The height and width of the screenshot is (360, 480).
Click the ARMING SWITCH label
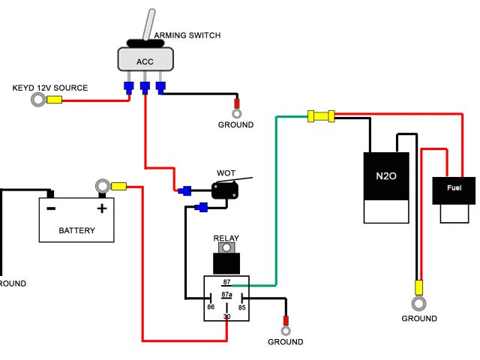click(x=187, y=35)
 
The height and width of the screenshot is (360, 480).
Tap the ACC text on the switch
click(x=145, y=61)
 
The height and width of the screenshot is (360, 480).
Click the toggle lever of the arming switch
click(x=149, y=23)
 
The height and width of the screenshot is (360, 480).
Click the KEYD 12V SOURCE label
click(x=50, y=88)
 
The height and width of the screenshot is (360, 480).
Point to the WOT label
click(x=226, y=172)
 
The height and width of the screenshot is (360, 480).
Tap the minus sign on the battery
click(x=51, y=208)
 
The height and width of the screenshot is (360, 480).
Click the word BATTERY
click(x=76, y=230)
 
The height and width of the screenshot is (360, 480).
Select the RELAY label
click(x=226, y=238)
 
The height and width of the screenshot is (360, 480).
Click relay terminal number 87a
click(x=226, y=295)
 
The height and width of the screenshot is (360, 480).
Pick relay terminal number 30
click(x=226, y=317)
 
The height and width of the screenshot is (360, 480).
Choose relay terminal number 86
click(x=211, y=307)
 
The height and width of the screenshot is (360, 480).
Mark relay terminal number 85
click(x=241, y=307)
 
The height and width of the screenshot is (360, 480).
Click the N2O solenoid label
click(x=386, y=177)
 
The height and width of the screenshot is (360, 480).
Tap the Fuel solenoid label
click(x=454, y=187)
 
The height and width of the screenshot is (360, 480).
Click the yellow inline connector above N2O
click(x=320, y=115)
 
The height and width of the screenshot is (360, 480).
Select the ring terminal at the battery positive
click(x=102, y=186)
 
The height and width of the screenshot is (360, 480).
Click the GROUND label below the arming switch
click(x=235, y=124)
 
